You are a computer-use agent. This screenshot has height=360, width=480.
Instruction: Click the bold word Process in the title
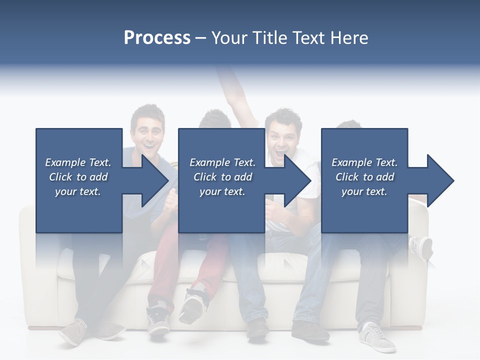(157, 38)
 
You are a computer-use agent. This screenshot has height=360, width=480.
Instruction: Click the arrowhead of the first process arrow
(154, 180)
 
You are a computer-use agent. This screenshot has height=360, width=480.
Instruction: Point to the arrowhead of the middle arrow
(297, 180)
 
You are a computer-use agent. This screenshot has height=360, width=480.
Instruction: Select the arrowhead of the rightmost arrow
(440, 180)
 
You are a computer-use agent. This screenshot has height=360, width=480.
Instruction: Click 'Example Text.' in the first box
(78, 162)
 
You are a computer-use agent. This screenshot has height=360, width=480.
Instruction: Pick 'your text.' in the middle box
(222, 191)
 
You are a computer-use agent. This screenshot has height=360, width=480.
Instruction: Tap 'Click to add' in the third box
(364, 177)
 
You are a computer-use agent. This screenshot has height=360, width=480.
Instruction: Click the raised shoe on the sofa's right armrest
(420, 247)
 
